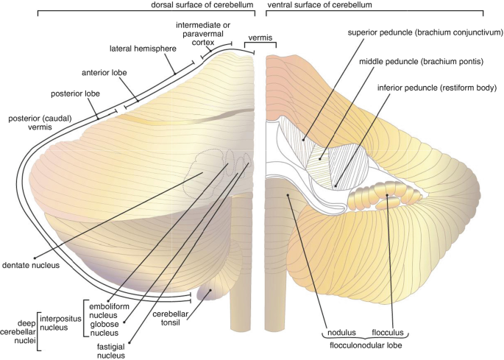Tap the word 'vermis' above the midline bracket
(258, 35)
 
